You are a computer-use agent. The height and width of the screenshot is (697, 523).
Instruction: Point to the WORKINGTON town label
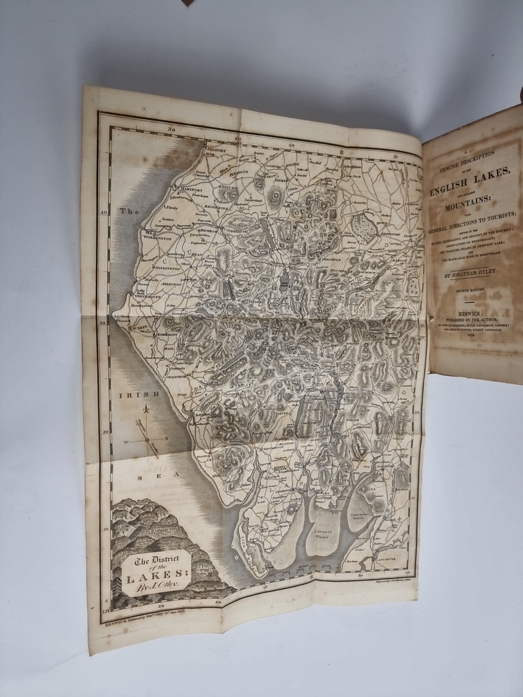[155, 238]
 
